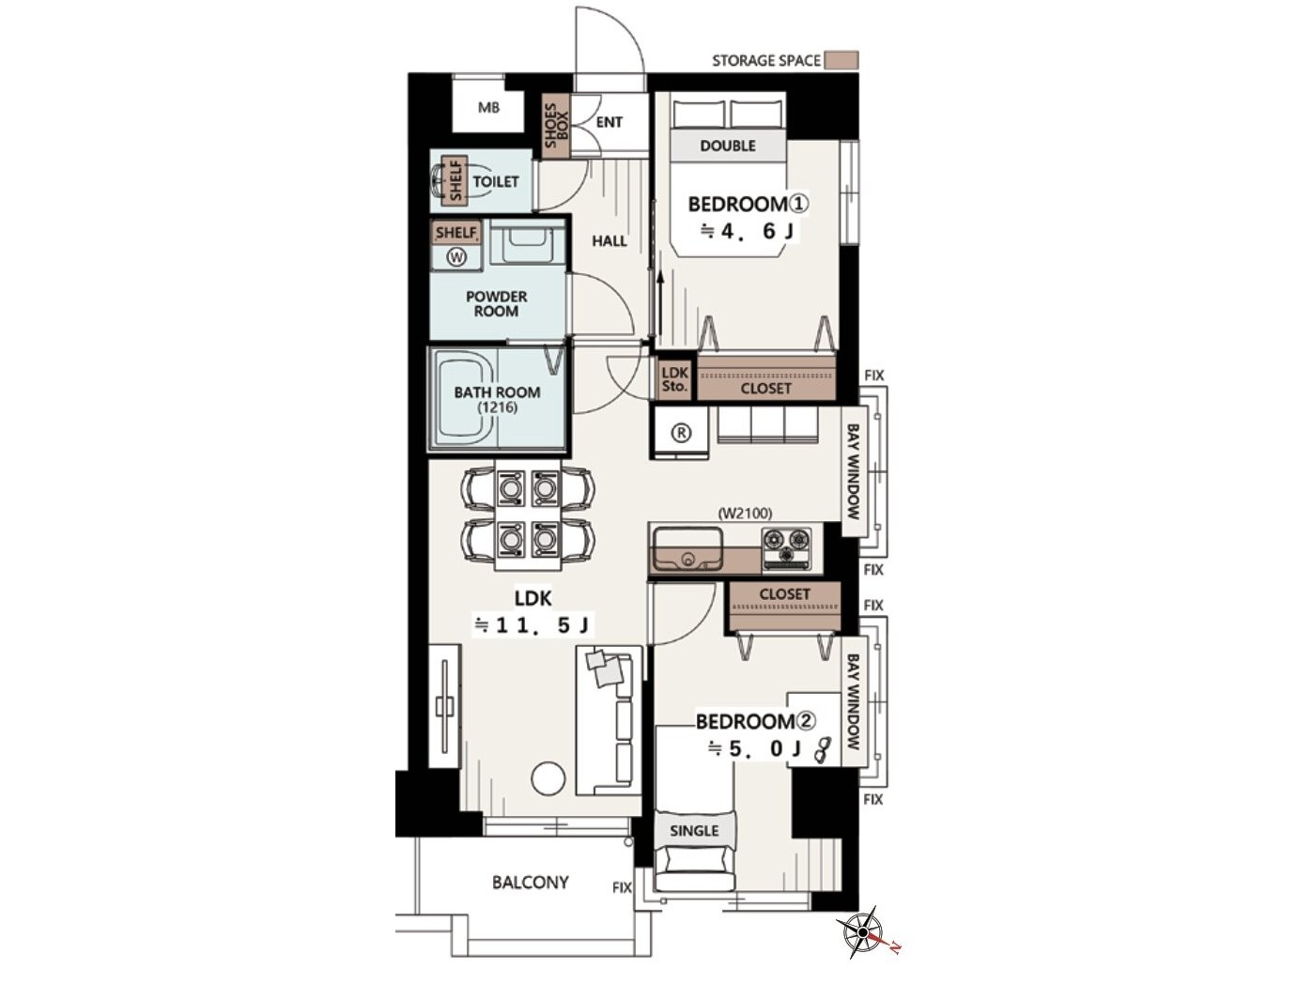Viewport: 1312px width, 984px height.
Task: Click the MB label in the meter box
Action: point(488,108)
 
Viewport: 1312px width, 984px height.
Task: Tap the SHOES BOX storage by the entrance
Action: point(556,126)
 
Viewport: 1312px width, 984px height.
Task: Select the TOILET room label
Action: point(496,181)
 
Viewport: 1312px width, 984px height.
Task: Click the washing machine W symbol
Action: point(457,257)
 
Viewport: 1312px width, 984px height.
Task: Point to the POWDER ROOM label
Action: point(496,303)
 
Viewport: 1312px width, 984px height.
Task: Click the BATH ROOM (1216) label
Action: point(497,399)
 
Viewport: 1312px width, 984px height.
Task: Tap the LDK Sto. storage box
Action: point(675,378)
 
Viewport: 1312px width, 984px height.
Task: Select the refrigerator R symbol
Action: point(682,433)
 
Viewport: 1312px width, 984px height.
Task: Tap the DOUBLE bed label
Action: point(728,146)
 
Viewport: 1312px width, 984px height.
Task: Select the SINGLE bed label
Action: point(694,831)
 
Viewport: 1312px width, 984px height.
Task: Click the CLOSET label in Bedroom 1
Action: point(765,389)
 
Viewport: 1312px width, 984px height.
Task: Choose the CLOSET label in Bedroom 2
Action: point(785,593)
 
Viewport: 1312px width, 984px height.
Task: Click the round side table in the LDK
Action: point(548,779)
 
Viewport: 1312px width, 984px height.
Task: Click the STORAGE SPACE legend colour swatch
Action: point(841,60)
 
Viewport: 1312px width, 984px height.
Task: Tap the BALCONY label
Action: point(531,883)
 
